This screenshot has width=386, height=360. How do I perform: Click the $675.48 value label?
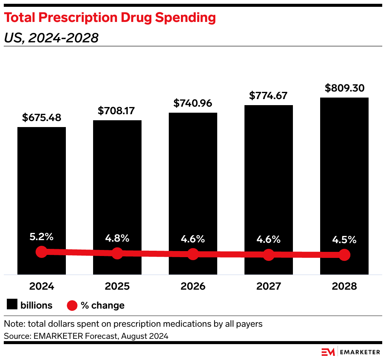42,118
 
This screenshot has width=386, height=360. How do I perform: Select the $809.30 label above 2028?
344,88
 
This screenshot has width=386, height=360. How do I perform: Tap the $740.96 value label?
193,103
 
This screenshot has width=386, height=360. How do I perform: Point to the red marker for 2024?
42,251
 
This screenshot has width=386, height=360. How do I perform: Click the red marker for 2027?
269,254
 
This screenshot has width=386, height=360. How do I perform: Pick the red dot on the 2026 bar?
193,254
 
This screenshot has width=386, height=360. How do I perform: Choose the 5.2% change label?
42,237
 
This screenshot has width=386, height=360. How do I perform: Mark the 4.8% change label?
117,239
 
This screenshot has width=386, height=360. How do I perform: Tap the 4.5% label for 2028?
344,240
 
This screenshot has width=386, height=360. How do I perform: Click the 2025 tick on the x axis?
117,286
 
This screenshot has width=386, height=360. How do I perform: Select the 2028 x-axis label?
344,286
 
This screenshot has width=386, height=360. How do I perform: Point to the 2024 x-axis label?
42,286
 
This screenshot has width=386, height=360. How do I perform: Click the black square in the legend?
12,305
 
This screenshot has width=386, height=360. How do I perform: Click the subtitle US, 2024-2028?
51,38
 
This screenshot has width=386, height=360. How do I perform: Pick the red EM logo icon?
328,352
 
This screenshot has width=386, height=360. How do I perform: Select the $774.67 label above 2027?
269,96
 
